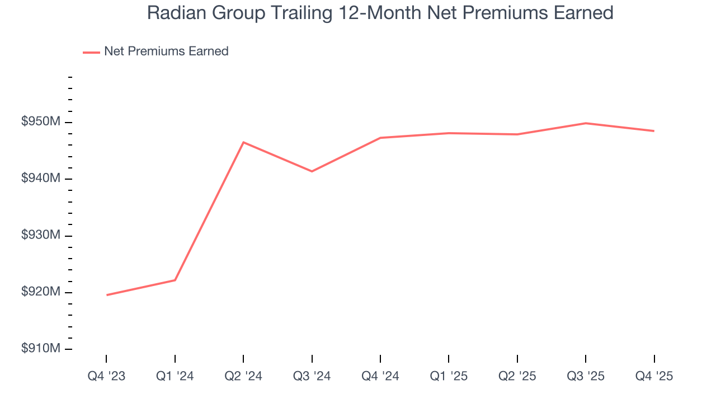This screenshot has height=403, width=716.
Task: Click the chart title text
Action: pyautogui.click(x=380, y=13)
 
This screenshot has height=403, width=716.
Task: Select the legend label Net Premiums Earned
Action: pyautogui.click(x=166, y=51)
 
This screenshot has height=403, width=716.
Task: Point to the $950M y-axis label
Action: pyautogui.click(x=41, y=123)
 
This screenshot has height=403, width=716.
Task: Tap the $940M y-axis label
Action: pyautogui.click(x=41, y=179)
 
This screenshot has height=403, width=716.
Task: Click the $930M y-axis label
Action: pyautogui.click(x=41, y=236)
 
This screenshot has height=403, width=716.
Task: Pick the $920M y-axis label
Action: pyautogui.click(x=41, y=292)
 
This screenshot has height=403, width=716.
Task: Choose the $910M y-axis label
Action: pyautogui.click(x=41, y=349)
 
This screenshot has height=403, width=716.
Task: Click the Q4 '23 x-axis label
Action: pyautogui.click(x=106, y=377)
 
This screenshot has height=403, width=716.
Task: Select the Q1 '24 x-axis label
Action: pyautogui.click(x=175, y=377)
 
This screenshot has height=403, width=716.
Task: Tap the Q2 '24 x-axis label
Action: pyautogui.click(x=243, y=377)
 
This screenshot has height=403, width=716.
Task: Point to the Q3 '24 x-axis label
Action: pyautogui.click(x=312, y=377)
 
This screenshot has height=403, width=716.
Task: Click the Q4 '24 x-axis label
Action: pyautogui.click(x=380, y=377)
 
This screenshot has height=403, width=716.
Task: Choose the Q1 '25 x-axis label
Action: pyautogui.click(x=449, y=377)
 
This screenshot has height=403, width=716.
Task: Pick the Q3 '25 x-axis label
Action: pyautogui.click(x=586, y=377)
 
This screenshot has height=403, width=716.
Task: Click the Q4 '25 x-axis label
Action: pyautogui.click(x=654, y=377)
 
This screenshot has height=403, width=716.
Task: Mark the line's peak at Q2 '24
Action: pyautogui.click(x=243, y=142)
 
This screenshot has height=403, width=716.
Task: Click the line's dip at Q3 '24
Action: pyautogui.click(x=312, y=171)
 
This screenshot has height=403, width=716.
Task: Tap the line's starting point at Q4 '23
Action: pyautogui.click(x=106, y=295)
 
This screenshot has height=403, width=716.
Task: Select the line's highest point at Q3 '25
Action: pyautogui.click(x=586, y=123)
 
